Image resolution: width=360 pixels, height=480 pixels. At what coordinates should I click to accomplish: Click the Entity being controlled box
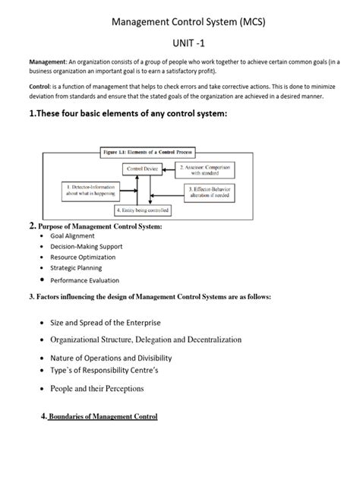pyautogui.click(x=142, y=210)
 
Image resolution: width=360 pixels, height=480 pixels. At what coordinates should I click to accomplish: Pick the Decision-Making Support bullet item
pyautogui.click(x=86, y=247)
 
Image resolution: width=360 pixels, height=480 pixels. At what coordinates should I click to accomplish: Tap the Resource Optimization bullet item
pyautogui.click(x=84, y=257)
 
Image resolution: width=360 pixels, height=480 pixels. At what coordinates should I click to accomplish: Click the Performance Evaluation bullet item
pyautogui.click(x=85, y=280)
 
